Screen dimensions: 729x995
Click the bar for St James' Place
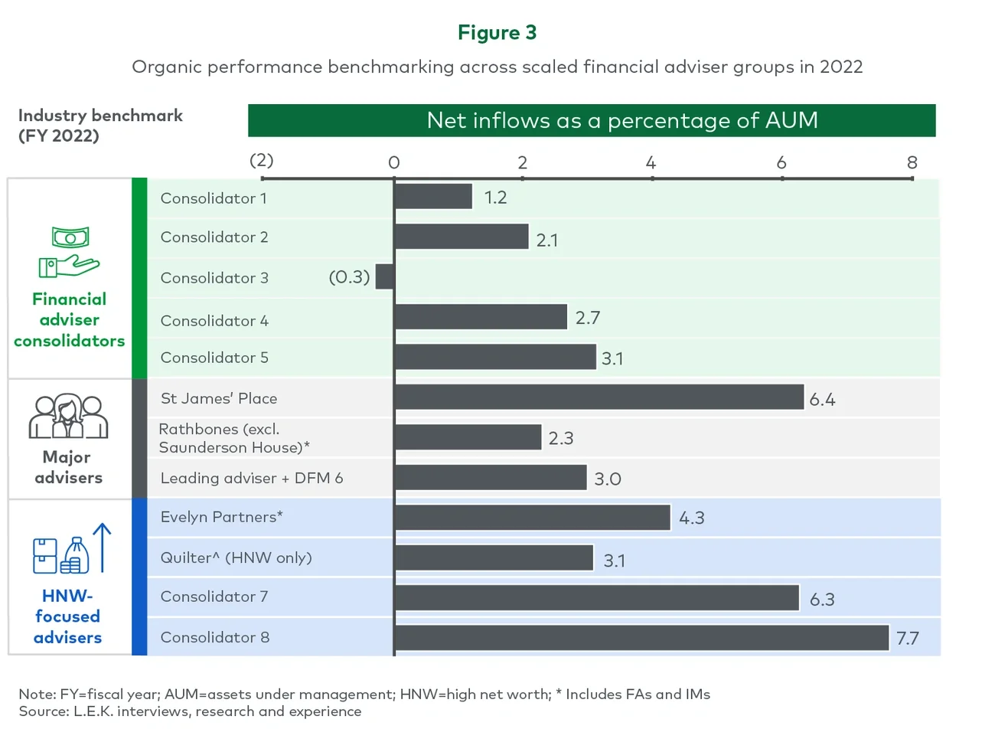click(x=599, y=397)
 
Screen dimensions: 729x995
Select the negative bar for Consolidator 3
click(x=385, y=276)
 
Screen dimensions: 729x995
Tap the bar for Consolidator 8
click(x=641, y=637)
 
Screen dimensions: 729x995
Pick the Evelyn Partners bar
click(x=533, y=517)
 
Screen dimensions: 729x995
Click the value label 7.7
click(x=907, y=638)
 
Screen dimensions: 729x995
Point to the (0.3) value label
click(x=349, y=276)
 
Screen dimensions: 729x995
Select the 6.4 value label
click(x=822, y=399)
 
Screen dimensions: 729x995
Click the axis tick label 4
click(x=651, y=162)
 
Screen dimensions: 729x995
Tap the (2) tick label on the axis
click(x=262, y=160)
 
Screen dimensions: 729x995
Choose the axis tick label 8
click(x=912, y=162)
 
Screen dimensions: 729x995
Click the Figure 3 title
click(x=497, y=32)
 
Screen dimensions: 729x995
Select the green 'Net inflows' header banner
click(x=591, y=120)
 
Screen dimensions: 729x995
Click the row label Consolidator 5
click(x=214, y=358)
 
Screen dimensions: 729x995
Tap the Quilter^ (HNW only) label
click(x=236, y=557)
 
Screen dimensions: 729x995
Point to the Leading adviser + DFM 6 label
click(x=251, y=478)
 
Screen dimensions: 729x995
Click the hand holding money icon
click(x=69, y=252)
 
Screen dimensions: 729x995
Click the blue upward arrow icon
click(x=102, y=547)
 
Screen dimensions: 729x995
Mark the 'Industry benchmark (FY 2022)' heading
click(x=99, y=125)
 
